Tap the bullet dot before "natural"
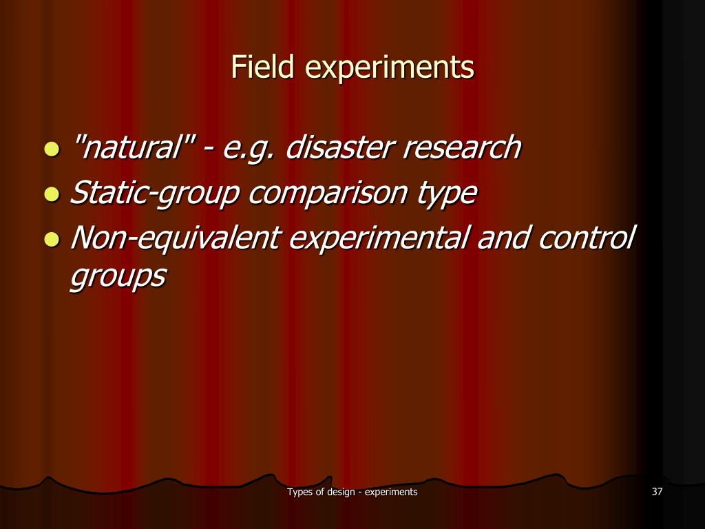[x=50, y=149]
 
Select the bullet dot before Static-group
[x=50, y=194]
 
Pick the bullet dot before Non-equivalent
[x=50, y=240]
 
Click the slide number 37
[x=656, y=492]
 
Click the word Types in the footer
[x=300, y=492]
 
